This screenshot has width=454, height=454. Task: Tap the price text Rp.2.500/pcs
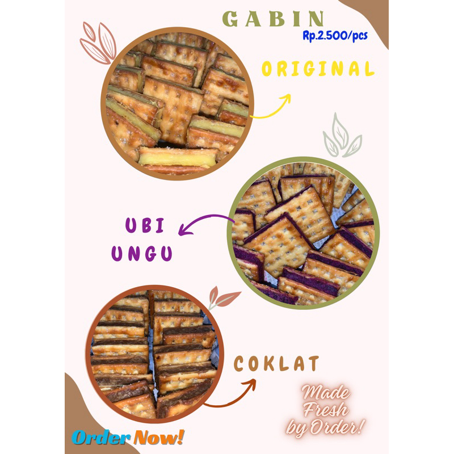pyautogui.click(x=335, y=36)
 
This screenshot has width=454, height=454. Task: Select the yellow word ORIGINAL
pyautogui.click(x=318, y=69)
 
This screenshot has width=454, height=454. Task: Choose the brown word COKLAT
pyautogui.click(x=277, y=364)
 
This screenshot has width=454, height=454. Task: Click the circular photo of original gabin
pyautogui.click(x=178, y=103)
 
